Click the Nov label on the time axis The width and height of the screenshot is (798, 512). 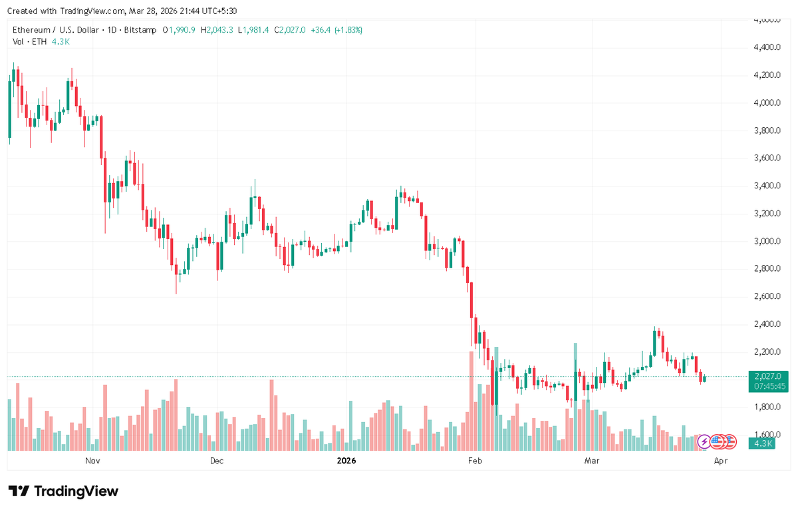92,461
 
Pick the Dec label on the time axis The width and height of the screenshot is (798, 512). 217,461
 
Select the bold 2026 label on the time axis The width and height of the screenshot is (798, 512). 346,461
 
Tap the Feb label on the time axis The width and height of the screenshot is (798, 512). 474,461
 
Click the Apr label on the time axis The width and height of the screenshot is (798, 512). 720,461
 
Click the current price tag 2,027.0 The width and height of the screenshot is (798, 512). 767,376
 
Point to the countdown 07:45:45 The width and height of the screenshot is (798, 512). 767,385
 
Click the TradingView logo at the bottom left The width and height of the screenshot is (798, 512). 64,491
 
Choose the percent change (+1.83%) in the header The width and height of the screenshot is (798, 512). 348,30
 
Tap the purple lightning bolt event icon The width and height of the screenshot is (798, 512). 704,441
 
